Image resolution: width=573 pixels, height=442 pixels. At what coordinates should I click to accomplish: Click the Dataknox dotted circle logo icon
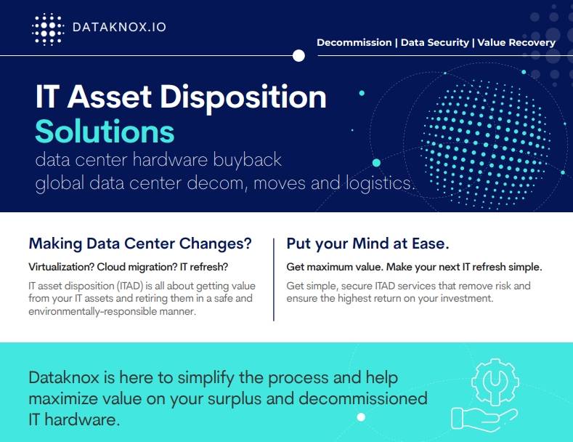pos(49,29)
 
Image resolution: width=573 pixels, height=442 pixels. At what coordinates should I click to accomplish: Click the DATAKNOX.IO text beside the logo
pos(119,28)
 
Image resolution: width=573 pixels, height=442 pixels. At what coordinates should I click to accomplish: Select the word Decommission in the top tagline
pos(354,42)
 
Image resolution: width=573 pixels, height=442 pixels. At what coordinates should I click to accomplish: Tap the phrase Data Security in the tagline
pos(434,42)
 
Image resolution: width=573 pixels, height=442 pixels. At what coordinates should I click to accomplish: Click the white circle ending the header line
pos(298,55)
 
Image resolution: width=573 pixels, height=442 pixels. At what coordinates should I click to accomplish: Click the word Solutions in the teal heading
pos(105,132)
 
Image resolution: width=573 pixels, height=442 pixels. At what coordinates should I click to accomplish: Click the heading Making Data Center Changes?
pos(140,243)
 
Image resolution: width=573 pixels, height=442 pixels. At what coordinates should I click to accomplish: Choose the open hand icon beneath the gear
pos(482,417)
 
